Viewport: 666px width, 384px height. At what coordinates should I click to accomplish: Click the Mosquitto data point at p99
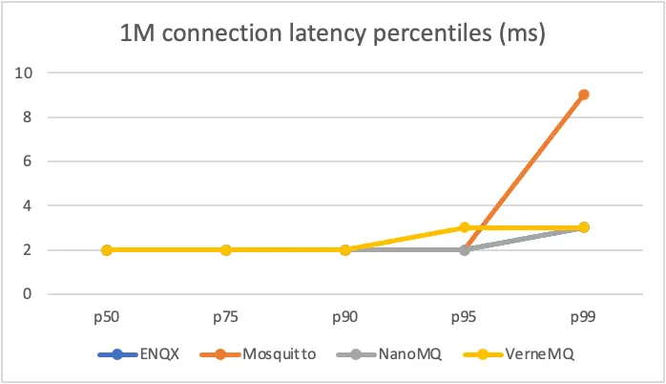583,95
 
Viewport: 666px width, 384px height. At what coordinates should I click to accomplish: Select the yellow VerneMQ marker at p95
464,227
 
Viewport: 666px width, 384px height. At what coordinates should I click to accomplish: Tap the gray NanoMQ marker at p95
464,249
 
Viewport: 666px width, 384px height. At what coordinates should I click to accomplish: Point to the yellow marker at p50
107,249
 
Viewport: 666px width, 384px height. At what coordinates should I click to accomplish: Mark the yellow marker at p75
226,249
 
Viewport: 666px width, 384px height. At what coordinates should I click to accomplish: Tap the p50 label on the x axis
107,314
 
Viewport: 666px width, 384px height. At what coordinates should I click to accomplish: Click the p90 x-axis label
345,314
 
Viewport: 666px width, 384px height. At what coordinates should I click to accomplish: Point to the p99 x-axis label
583,314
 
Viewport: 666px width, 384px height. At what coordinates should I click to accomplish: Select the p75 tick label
226,314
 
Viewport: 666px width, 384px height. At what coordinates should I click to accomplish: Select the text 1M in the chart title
137,38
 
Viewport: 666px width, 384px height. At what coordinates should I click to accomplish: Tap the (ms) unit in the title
522,38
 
